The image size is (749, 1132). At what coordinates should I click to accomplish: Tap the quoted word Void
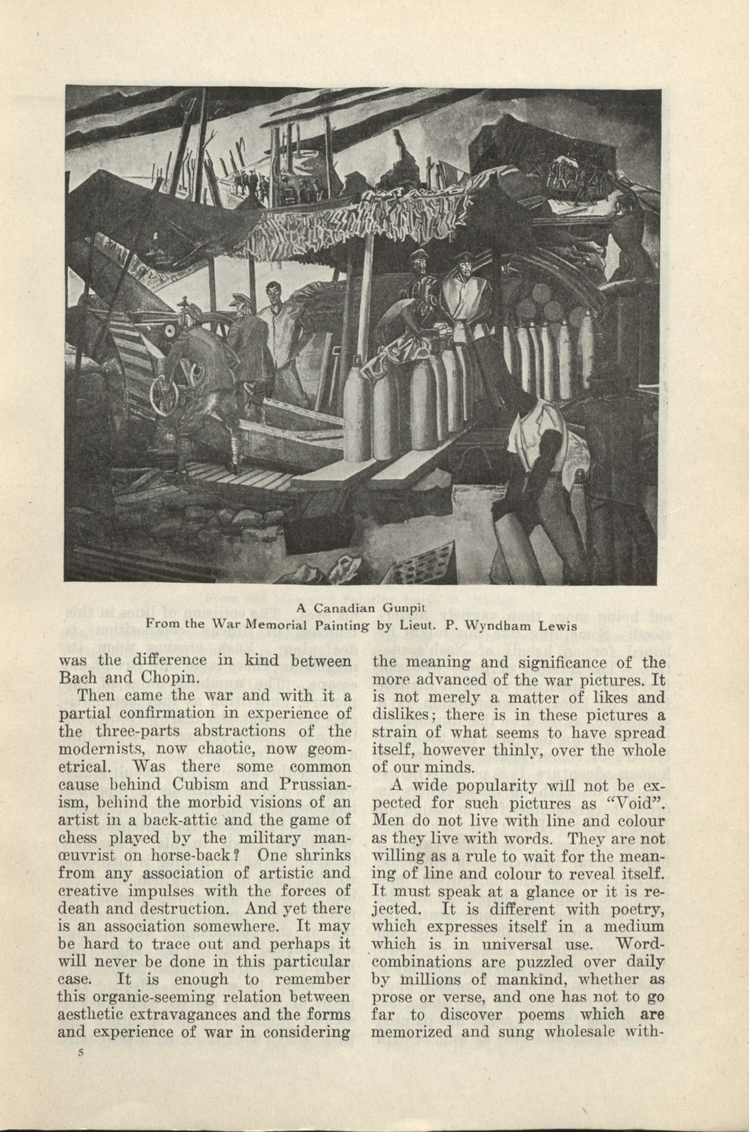click(x=643, y=803)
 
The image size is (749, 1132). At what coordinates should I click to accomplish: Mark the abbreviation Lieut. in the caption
click(x=420, y=624)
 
